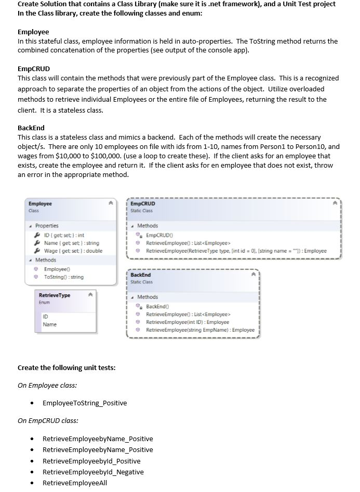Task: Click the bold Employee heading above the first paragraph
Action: pyautogui.click(x=33, y=32)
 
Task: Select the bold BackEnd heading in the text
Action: pyautogui.click(x=31, y=128)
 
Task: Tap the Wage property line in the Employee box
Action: pyautogui.click(x=73, y=251)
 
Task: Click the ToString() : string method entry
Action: pyautogui.click(x=63, y=277)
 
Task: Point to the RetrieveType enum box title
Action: pyautogui.click(x=55, y=295)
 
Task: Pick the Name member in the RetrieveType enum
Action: pyautogui.click(x=50, y=324)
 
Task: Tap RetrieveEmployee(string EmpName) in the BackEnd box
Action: pyautogui.click(x=200, y=330)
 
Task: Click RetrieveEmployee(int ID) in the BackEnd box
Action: pyautogui.click(x=187, y=322)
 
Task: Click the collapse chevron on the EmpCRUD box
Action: pyautogui.click(x=335, y=204)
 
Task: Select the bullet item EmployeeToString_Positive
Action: pyautogui.click(x=85, y=403)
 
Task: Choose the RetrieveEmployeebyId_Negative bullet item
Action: pyautogui.click(x=93, y=472)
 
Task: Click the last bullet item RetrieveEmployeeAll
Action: pyautogui.click(x=75, y=483)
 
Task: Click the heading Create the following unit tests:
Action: pyautogui.click(x=66, y=367)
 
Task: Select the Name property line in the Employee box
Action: pyautogui.click(x=71, y=243)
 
